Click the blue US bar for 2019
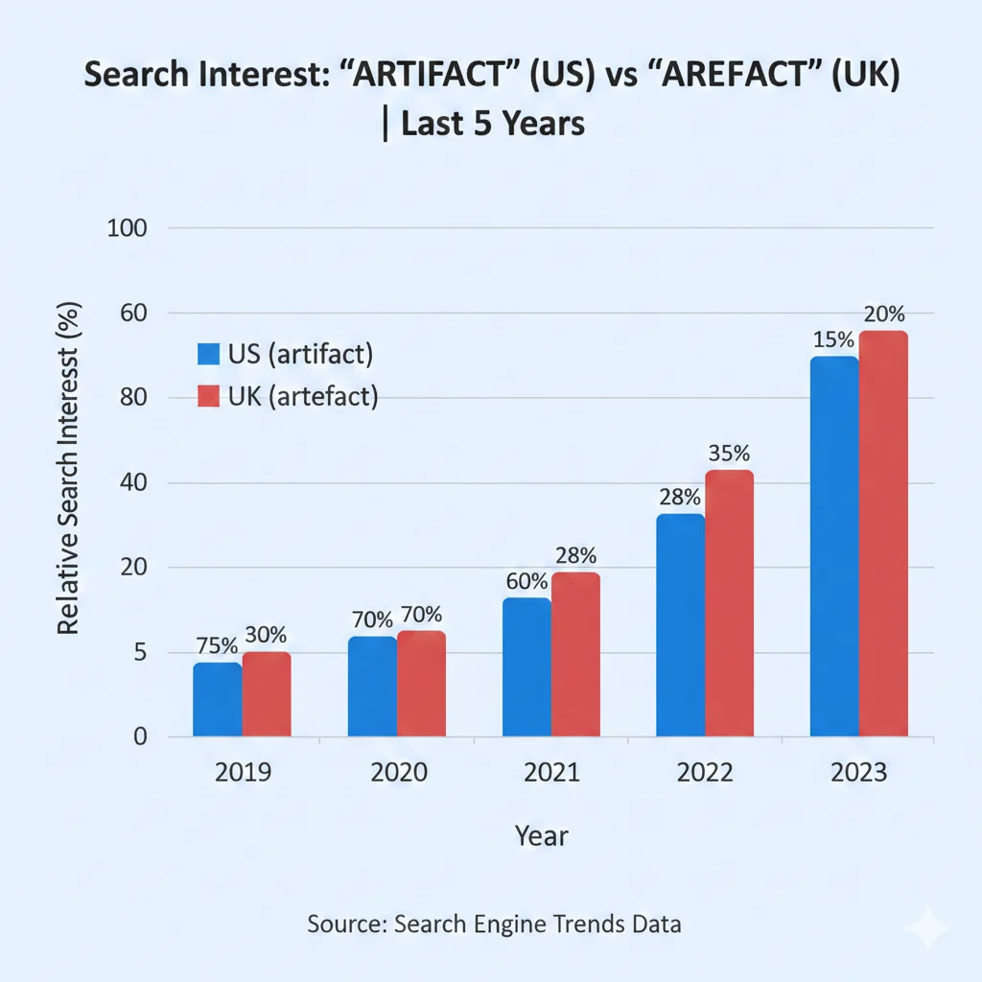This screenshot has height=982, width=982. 217,700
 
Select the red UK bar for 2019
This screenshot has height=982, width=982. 267,694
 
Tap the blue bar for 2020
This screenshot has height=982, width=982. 372,687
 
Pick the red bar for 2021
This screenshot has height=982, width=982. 575,655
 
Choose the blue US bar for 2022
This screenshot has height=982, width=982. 680,625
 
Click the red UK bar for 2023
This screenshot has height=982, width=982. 883,534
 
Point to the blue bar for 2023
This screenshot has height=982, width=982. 833,547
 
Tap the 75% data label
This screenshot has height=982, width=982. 217,645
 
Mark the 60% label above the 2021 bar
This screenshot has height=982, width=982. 526,581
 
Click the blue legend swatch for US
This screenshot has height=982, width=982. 208,354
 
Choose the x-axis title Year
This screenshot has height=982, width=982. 541,835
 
